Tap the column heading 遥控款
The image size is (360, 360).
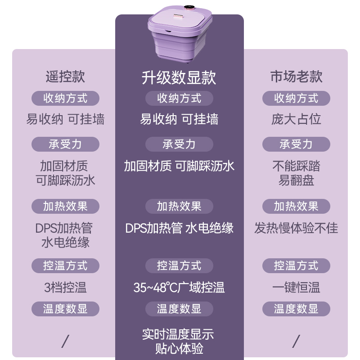(x=65, y=76)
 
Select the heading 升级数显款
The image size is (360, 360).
(x=179, y=77)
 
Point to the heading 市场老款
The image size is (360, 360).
(x=296, y=76)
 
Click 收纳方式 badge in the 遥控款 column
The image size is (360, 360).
(x=65, y=98)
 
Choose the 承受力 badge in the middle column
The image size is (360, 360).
(x=179, y=144)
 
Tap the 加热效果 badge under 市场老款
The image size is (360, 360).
(x=296, y=206)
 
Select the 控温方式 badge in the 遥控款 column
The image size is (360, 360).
(x=65, y=265)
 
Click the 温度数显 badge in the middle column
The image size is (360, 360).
(x=179, y=309)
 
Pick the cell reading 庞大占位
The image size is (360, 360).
(x=296, y=119)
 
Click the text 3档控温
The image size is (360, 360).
(x=65, y=287)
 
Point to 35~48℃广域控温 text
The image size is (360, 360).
(x=179, y=287)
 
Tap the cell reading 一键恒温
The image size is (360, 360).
(x=296, y=287)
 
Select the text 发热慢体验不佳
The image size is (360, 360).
(x=296, y=228)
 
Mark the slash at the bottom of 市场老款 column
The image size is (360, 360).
(x=296, y=341)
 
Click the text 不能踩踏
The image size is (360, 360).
(x=296, y=166)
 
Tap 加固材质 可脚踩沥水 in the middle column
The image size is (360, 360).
(x=179, y=166)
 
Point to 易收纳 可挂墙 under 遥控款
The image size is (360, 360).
(x=65, y=119)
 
